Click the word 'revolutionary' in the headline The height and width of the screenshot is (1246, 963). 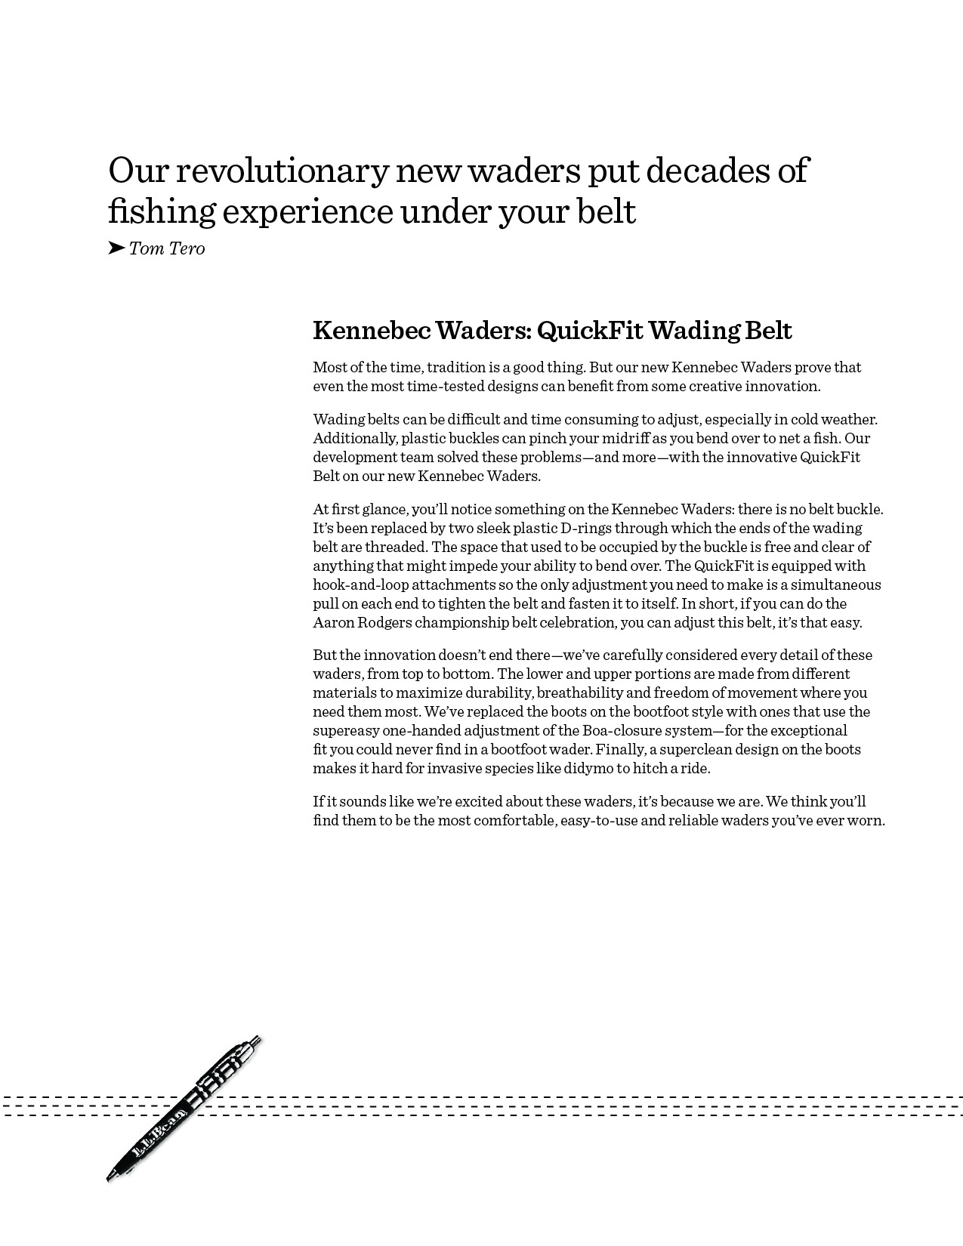(282, 171)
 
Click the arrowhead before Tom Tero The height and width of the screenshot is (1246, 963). (116, 248)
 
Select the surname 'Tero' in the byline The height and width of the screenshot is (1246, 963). (187, 248)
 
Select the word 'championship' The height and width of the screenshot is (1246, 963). (463, 623)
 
